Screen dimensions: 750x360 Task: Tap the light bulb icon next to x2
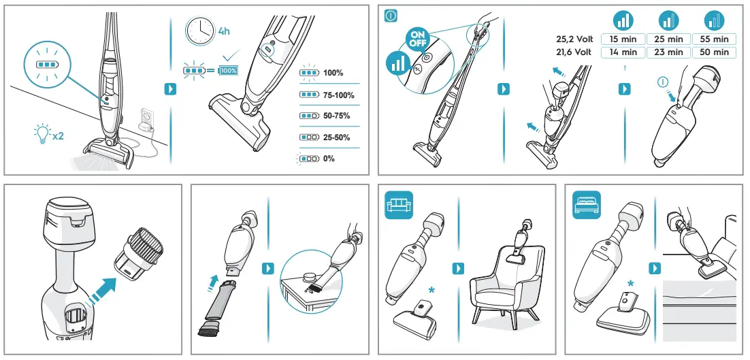tap(42, 133)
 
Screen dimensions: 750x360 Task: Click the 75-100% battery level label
tap(338, 95)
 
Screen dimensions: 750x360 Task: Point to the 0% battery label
tap(329, 159)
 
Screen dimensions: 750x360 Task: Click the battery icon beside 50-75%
tap(308, 116)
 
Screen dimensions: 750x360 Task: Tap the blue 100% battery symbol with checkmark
tap(228, 71)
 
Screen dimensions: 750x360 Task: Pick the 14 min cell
tap(623, 52)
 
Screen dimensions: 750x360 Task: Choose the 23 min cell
tap(669, 52)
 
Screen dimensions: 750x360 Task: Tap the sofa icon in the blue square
tap(398, 205)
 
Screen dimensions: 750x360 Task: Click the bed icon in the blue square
tap(586, 205)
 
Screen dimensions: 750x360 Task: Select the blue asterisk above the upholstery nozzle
tap(432, 290)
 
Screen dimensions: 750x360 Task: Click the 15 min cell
tap(623, 39)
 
